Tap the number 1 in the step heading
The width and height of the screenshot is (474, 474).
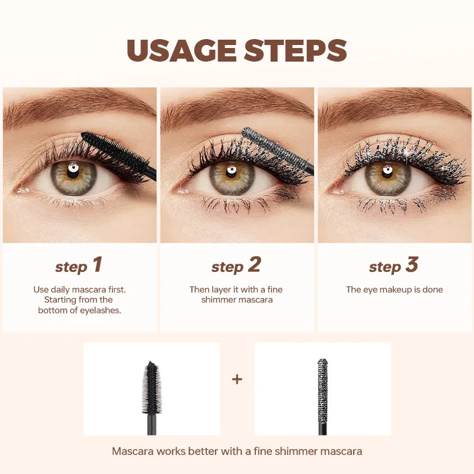97,265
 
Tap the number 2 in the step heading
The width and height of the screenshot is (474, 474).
254,265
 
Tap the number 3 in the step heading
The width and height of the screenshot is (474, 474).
412,265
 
